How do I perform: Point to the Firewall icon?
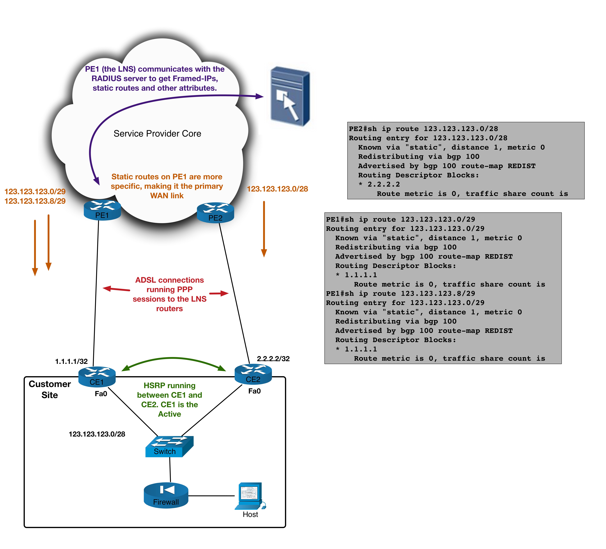pos(166,496)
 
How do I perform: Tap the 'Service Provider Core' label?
pos(157,134)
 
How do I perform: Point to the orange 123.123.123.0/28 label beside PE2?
pos(277,189)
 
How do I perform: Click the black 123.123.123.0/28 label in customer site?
pos(97,434)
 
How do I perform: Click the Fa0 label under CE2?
pos(254,391)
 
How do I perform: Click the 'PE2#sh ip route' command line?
pos(423,129)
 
